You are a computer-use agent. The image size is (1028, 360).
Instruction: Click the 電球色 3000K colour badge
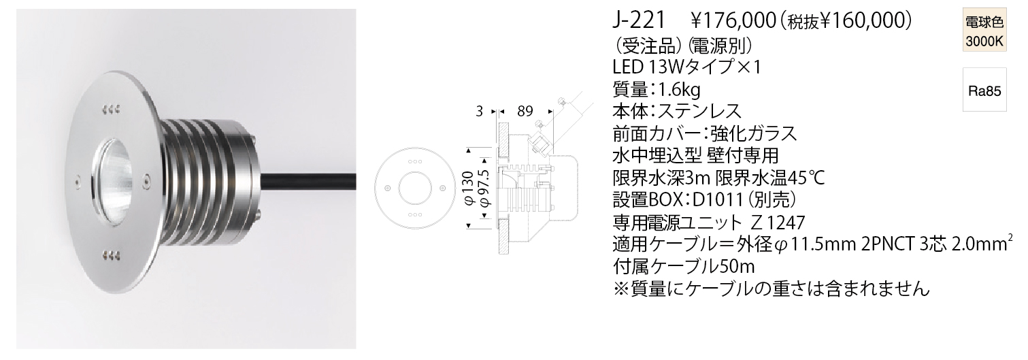[x=984, y=31]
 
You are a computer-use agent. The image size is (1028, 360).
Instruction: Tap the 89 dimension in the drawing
[x=524, y=110]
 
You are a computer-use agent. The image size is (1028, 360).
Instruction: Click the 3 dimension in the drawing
[x=481, y=110]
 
